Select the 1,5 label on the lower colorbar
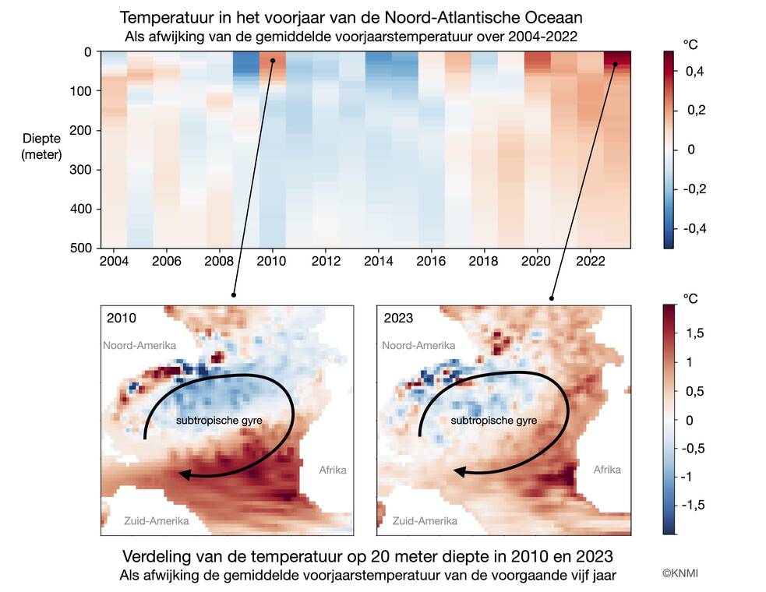point(694,333)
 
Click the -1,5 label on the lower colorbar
point(692,505)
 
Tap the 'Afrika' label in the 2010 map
point(333,470)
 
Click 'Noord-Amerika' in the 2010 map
point(139,345)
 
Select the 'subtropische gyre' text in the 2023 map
point(495,420)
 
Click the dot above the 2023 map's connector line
point(552,298)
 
